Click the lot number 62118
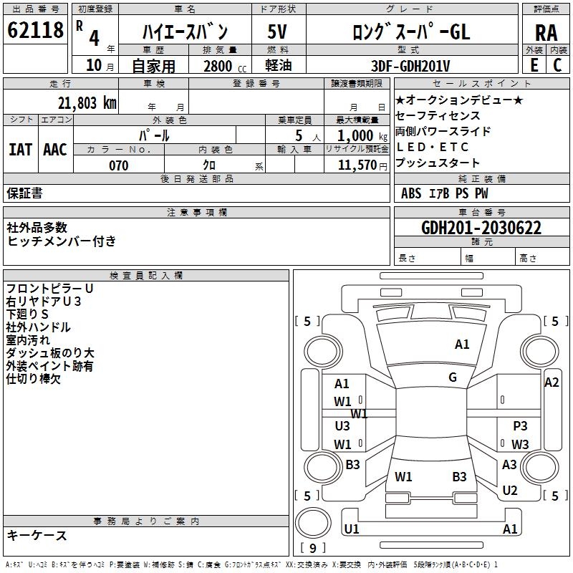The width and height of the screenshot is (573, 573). (x=35, y=30)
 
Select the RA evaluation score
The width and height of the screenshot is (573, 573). (x=546, y=33)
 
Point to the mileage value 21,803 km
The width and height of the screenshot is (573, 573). (x=87, y=102)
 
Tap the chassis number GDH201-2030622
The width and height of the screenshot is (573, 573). (x=481, y=228)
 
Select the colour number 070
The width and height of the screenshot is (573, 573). (x=118, y=165)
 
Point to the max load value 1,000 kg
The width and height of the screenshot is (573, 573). (x=357, y=135)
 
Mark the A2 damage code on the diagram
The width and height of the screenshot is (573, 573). (x=552, y=382)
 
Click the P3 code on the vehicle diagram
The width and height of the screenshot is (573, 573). (x=520, y=426)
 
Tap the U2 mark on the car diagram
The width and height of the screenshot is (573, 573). (x=510, y=491)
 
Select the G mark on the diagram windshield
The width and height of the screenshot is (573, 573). (x=453, y=377)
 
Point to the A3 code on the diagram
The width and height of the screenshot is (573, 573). (x=509, y=465)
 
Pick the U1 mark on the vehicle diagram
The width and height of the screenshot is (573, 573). (x=351, y=529)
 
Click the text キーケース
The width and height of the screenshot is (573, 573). (x=37, y=535)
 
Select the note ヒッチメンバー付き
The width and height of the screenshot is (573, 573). (x=62, y=241)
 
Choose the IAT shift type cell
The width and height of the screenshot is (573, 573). (x=20, y=150)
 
